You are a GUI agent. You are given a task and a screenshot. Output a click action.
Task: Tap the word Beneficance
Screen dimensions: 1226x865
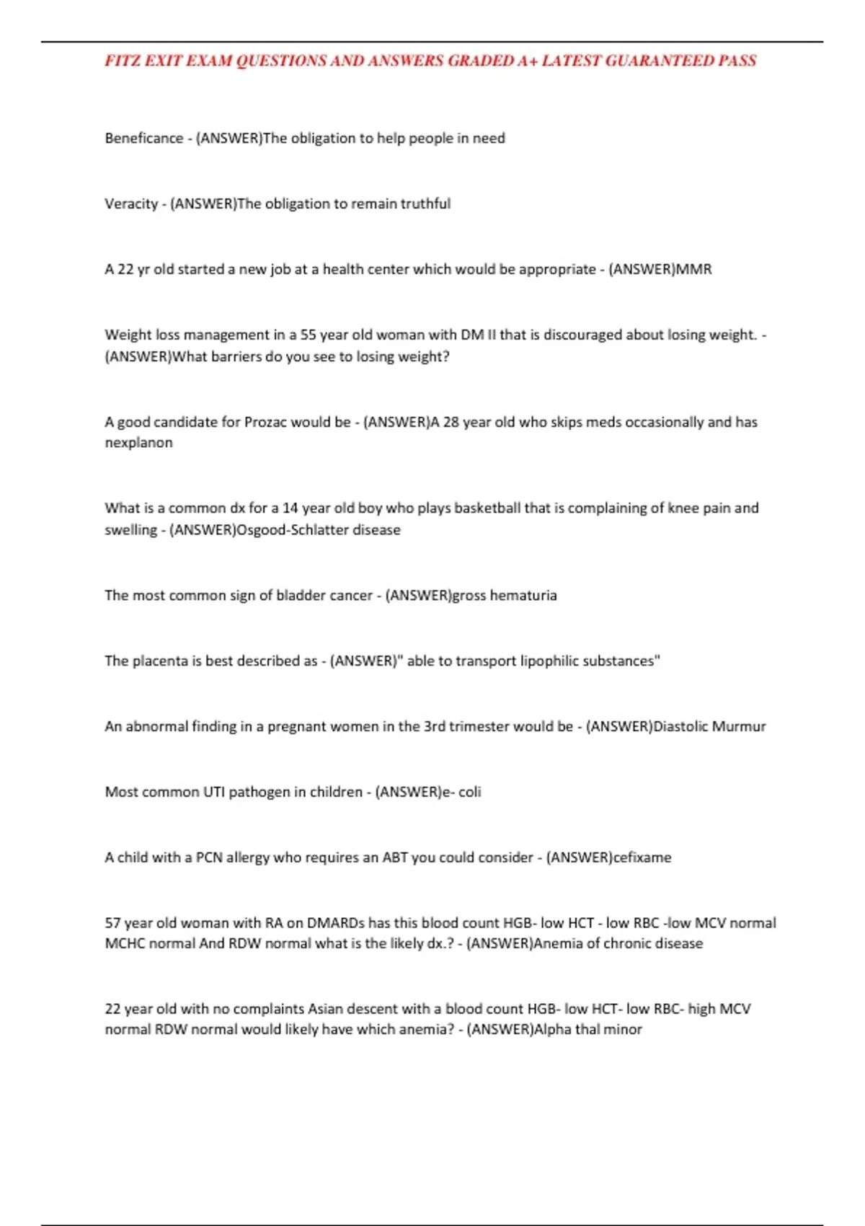(x=144, y=138)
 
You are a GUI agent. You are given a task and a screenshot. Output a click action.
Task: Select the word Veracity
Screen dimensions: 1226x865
(x=131, y=204)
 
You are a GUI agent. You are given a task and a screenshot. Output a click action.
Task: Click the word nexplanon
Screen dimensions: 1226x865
(x=138, y=443)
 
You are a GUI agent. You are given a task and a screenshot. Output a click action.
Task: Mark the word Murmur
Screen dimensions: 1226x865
(x=739, y=727)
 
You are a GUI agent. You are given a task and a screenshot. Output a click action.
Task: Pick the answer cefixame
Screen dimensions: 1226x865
(x=642, y=857)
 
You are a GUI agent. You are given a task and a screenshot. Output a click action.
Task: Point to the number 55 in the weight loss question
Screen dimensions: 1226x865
(x=309, y=335)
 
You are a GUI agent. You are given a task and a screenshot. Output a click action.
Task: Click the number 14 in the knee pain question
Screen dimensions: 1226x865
(x=290, y=508)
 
